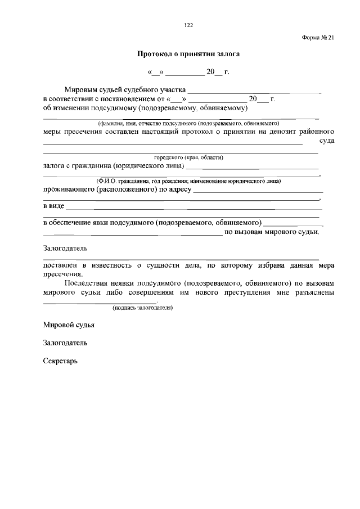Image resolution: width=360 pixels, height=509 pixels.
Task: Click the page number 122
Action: click(x=188, y=25)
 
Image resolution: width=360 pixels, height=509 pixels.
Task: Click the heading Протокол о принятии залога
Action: click(x=188, y=55)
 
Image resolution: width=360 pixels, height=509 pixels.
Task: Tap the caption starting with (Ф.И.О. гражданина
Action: click(x=188, y=181)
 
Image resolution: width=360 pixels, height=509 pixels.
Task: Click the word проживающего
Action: click(x=69, y=190)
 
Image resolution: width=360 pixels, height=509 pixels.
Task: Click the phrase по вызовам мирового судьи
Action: click(x=272, y=231)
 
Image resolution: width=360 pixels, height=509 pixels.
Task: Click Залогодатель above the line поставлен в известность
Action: click(x=65, y=248)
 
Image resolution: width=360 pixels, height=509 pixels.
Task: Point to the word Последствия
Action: click(x=87, y=283)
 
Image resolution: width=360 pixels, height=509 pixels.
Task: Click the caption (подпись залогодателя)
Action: click(x=142, y=308)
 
